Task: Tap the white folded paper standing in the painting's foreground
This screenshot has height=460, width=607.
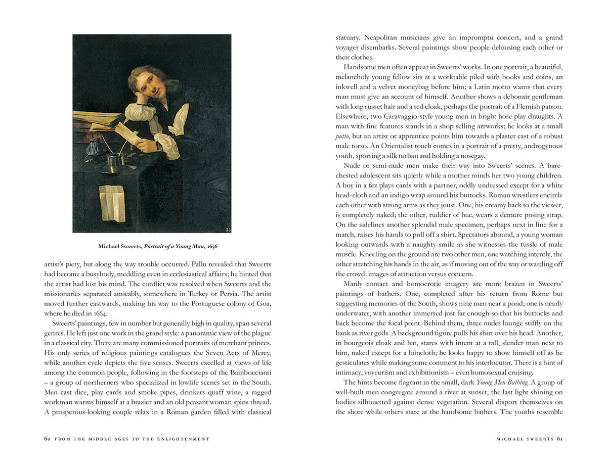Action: tap(112, 203)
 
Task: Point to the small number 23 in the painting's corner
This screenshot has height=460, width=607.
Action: tap(228, 230)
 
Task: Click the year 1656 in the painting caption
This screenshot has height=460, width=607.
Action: tap(210, 246)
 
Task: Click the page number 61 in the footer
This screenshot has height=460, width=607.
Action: tap(560, 439)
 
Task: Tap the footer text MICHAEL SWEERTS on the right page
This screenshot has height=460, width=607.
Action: tap(525, 439)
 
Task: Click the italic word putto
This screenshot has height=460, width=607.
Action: tap(342, 136)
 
